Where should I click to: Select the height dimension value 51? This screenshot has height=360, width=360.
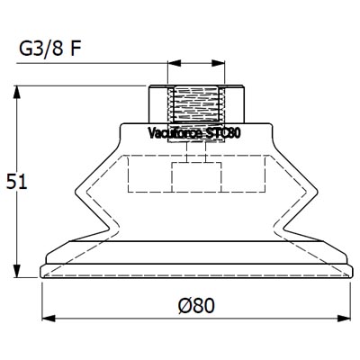click(15, 181)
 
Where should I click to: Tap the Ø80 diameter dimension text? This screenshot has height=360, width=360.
click(196, 306)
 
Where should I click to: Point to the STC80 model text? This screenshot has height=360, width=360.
click(223, 133)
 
